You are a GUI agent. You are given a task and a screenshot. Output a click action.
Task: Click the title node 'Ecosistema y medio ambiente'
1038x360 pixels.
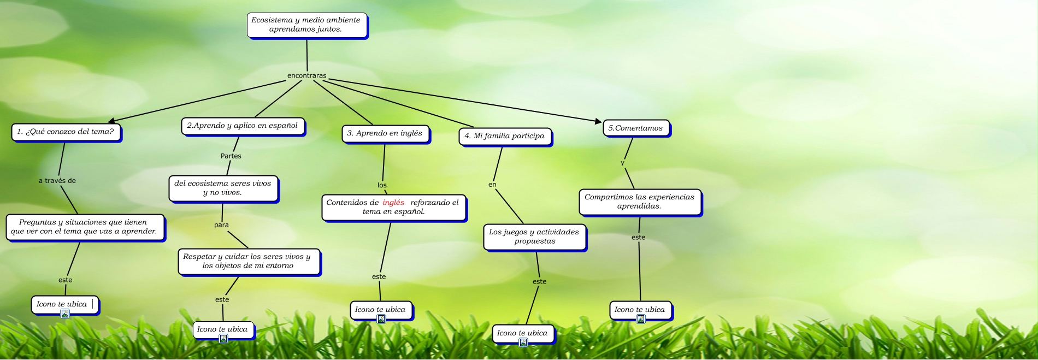[306, 25]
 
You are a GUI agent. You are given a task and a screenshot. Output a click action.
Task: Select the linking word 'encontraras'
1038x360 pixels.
[306, 76]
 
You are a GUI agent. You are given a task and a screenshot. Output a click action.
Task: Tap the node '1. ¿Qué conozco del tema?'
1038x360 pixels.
[66, 132]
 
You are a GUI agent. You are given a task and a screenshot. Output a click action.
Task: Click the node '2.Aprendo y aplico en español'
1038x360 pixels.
[242, 126]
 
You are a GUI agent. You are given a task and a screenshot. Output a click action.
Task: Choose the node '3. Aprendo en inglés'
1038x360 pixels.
[385, 133]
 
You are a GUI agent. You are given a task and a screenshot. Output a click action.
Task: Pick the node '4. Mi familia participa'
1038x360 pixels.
[504, 136]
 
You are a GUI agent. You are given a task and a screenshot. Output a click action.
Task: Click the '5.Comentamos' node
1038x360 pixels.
[635, 128]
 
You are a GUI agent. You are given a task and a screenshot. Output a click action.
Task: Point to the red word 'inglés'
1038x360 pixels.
[393, 203]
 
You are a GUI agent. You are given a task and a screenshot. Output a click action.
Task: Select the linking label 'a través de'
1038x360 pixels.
[57, 181]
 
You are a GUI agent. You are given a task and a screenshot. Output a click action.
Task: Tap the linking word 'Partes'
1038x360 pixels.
[231, 156]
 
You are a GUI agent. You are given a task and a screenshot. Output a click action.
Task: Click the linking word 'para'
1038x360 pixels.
[221, 225]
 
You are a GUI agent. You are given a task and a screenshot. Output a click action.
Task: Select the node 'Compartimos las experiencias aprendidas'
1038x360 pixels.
[639, 202]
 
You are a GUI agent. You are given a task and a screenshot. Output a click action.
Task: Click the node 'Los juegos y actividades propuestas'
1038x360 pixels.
[534, 237]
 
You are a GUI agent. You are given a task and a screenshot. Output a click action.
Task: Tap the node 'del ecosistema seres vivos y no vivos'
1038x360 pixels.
[223, 188]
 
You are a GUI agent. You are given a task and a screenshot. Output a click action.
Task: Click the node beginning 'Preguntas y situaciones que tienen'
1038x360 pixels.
[84, 227]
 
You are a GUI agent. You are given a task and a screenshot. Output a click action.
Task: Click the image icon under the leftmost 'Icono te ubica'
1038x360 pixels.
[65, 314]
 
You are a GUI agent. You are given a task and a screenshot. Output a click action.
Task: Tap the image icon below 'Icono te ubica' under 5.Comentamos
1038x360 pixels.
[641, 319]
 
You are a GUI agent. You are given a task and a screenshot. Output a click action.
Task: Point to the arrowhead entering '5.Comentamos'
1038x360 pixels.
[598, 121]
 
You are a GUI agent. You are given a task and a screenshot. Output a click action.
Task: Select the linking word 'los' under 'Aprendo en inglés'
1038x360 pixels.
[382, 186]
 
